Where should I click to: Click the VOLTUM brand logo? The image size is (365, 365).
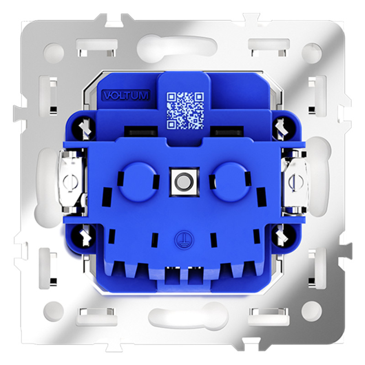coord(126,96)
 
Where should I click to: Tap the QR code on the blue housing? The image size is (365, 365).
coord(185,111)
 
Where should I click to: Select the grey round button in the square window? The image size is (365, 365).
coord(184,181)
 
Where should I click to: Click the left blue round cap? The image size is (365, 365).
coord(138,182)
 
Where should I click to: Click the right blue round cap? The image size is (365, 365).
coord(231,182)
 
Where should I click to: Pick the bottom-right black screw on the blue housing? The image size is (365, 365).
coord(283,235)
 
